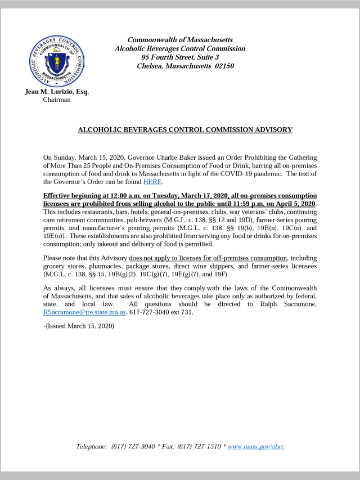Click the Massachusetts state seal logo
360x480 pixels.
[56, 60]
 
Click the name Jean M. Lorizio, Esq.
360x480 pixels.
[57, 92]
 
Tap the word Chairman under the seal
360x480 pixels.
[57, 100]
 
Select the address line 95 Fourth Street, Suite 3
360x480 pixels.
[180, 57]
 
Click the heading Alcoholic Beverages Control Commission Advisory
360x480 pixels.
[185, 129]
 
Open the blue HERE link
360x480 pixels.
[152, 181]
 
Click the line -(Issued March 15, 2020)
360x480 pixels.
[79, 326]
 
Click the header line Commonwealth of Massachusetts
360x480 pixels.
[180, 40]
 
